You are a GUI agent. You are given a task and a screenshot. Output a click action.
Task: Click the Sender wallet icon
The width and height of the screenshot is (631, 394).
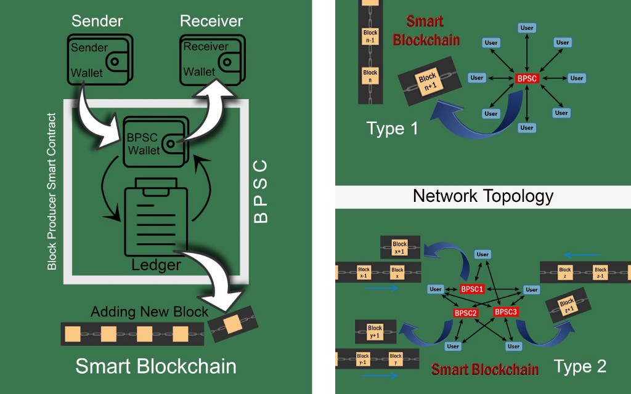(x=98, y=59)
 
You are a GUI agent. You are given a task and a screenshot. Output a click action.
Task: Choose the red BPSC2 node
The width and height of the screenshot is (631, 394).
(x=466, y=313)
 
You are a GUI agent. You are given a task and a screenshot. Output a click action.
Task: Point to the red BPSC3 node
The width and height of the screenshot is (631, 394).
(x=506, y=312)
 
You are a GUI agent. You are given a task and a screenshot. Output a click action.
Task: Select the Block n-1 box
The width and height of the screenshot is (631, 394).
(x=370, y=36)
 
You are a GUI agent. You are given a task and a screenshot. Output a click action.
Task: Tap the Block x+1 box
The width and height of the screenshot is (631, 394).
(x=399, y=247)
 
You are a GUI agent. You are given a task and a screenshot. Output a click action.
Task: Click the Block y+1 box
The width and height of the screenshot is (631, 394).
(x=375, y=332)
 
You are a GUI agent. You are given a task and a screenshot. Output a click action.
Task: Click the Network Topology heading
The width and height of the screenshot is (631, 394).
(x=483, y=196)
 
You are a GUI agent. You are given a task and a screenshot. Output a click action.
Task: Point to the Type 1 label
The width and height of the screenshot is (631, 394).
(x=392, y=129)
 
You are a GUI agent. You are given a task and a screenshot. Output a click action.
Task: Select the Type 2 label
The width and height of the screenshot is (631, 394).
(x=580, y=367)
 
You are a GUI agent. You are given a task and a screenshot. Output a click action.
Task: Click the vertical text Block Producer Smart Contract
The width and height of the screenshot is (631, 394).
(x=52, y=191)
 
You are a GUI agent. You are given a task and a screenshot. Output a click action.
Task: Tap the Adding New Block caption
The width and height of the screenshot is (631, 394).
(x=150, y=312)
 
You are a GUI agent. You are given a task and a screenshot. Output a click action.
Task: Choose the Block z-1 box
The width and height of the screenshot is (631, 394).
(x=600, y=273)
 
